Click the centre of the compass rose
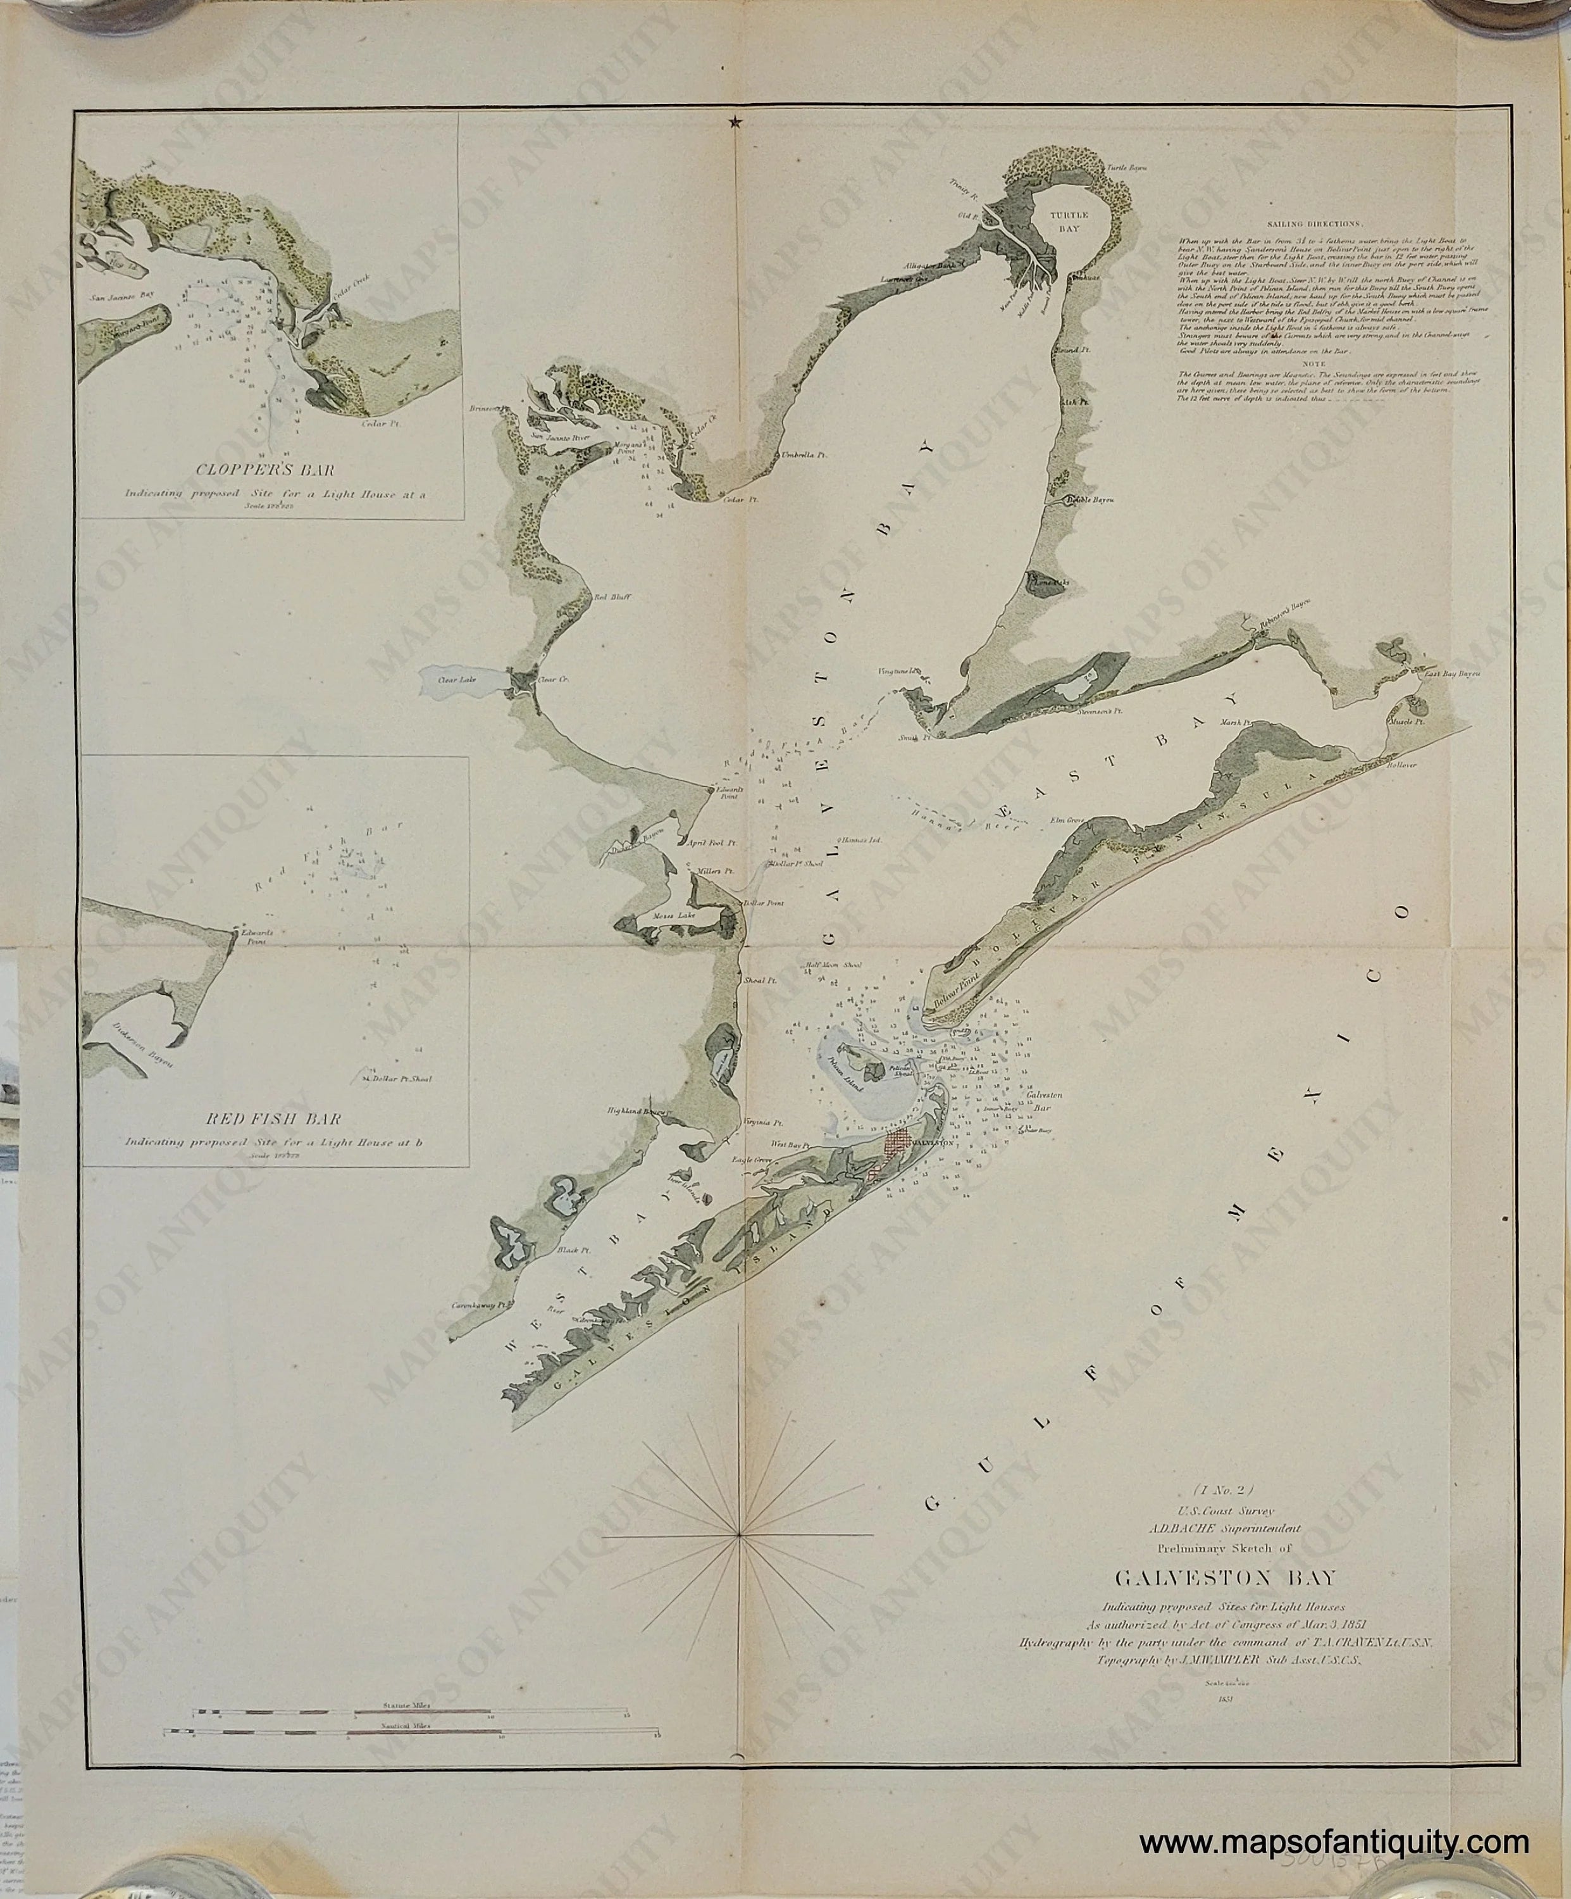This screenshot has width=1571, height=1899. (x=740, y=1534)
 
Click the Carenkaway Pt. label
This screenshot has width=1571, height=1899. (x=480, y=1307)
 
